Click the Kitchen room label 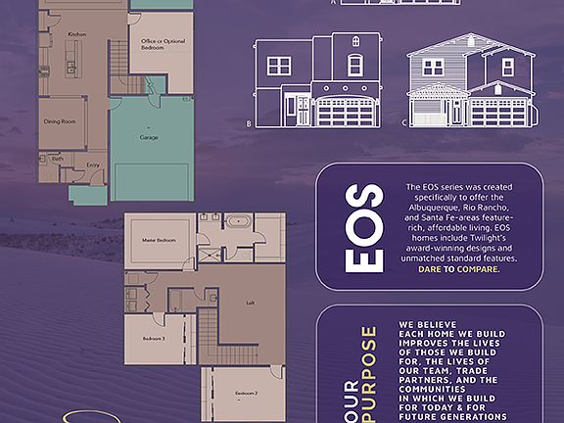point(77,34)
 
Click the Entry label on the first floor point(93,164)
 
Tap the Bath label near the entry point(58,159)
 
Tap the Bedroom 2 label point(247,393)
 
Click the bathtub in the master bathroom point(238,221)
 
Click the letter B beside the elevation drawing point(250,124)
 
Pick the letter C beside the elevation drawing point(405,124)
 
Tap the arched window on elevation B point(354,65)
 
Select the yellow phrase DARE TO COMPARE point(458,268)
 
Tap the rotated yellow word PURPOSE point(368,371)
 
